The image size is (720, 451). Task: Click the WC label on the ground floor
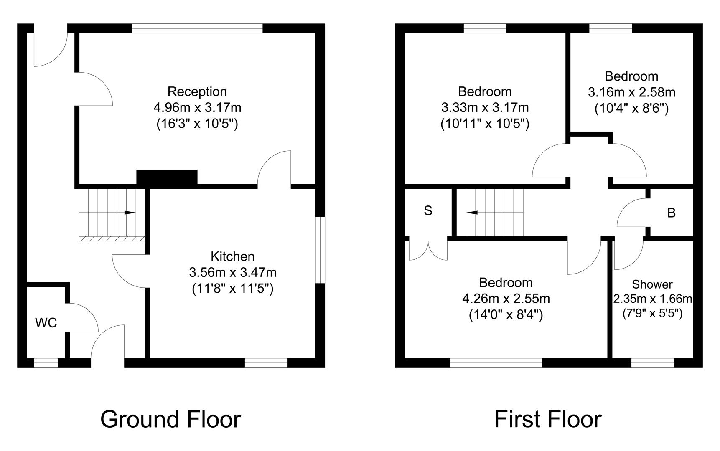pyautogui.click(x=46, y=322)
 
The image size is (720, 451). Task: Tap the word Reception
pyautogui.click(x=197, y=91)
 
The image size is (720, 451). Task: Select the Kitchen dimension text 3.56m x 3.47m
pyautogui.click(x=233, y=272)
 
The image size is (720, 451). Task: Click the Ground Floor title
pyautogui.click(x=170, y=419)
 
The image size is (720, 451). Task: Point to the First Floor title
pyautogui.click(x=548, y=419)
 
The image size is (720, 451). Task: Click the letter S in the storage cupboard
pyautogui.click(x=428, y=211)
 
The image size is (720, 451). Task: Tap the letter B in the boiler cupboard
pyautogui.click(x=672, y=213)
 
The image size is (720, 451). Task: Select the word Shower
pyautogui.click(x=652, y=284)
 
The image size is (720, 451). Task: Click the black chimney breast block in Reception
pyautogui.click(x=167, y=177)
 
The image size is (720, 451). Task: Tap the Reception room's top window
pyautogui.click(x=197, y=28)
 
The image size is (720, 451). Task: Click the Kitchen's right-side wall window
pyautogui.click(x=320, y=250)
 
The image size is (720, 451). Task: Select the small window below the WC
pyautogui.click(x=46, y=363)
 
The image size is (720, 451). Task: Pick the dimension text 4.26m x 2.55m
pyautogui.click(x=506, y=299)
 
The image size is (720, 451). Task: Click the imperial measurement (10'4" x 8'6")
pyautogui.click(x=631, y=109)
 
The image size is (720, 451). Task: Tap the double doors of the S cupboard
pyautogui.click(x=428, y=251)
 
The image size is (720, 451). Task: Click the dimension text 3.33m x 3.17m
pyautogui.click(x=485, y=108)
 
